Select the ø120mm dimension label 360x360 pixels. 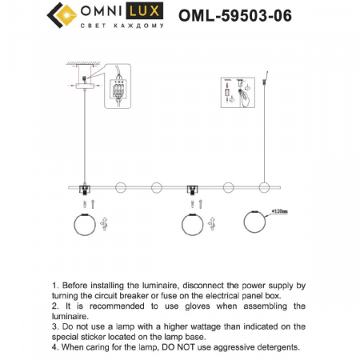[280, 211]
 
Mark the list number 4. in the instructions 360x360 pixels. [55, 347]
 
